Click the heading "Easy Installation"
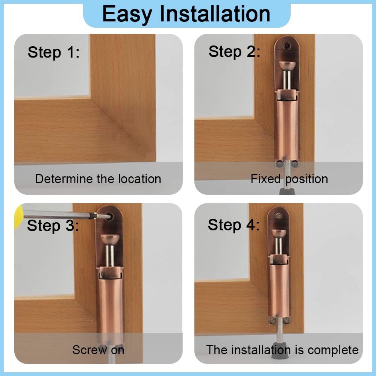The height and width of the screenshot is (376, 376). pyautogui.click(x=186, y=14)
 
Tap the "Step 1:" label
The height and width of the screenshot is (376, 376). pyautogui.click(x=54, y=52)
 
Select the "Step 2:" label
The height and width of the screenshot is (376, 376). pyautogui.click(x=234, y=52)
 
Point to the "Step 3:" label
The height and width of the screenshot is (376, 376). pyautogui.click(x=53, y=226)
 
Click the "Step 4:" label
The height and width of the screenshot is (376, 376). pyautogui.click(x=233, y=225)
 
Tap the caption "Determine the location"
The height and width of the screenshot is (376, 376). pyautogui.click(x=98, y=179)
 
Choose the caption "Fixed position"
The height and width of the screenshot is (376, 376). pyautogui.click(x=289, y=179)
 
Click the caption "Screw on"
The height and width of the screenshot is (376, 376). pyautogui.click(x=98, y=350)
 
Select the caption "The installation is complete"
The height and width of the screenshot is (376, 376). pyautogui.click(x=282, y=350)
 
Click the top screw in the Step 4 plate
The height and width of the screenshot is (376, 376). pyautogui.click(x=279, y=217)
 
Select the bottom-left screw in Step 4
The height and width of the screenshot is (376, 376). pyautogui.click(x=271, y=320)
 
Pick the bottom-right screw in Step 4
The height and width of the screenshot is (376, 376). pyautogui.click(x=286, y=320)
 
